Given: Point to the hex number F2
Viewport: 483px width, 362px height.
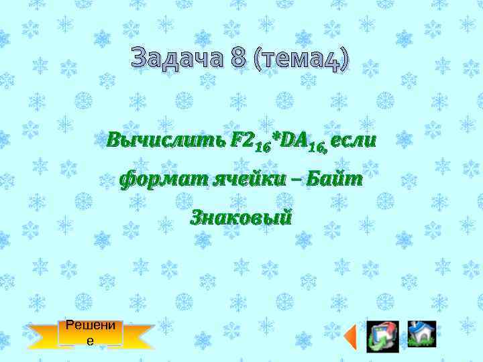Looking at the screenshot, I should (x=241, y=141).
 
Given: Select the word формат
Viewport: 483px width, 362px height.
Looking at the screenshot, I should (x=161, y=179).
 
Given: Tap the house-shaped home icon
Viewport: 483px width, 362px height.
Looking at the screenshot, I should (x=422, y=334).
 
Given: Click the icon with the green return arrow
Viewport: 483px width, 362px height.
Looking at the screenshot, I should (x=382, y=335).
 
